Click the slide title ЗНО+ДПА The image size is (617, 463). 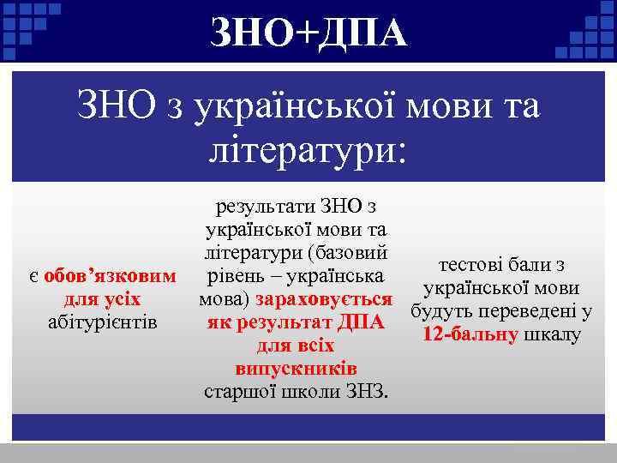(x=308, y=33)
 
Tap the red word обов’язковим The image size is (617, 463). (x=111, y=277)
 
